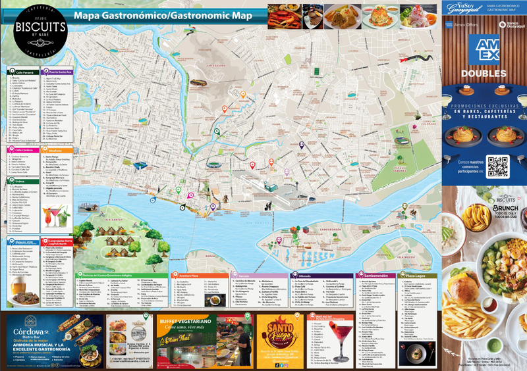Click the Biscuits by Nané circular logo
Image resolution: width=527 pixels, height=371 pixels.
[40, 31]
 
